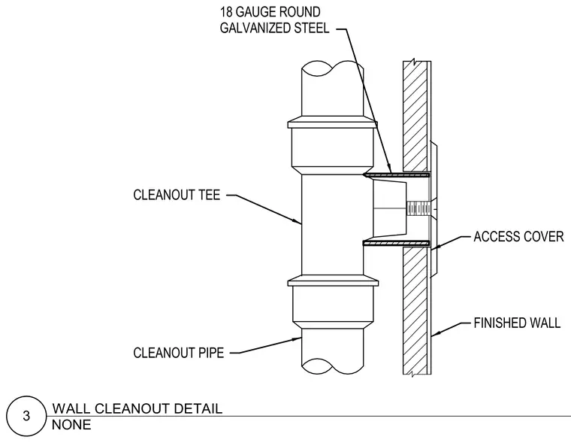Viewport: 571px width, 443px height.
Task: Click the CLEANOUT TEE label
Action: click(177, 195)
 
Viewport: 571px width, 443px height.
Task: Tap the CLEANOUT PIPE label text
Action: click(179, 353)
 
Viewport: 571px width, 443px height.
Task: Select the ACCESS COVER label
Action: click(518, 237)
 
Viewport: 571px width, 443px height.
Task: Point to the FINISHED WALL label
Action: click(517, 323)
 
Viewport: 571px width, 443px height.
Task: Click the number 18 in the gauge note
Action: click(226, 12)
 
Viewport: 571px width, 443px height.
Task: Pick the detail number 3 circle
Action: click(26, 416)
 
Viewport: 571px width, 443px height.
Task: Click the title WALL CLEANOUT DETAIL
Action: click(137, 408)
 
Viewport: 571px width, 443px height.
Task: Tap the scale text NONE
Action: click(71, 425)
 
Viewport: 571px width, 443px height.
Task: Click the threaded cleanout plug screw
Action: click(418, 209)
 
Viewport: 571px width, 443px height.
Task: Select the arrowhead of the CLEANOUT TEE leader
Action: click(298, 221)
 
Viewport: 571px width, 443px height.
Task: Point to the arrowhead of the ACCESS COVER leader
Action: click(435, 247)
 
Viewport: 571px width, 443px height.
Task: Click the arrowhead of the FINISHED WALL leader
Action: click(435, 333)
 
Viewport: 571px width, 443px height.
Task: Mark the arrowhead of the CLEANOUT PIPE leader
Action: click(297, 339)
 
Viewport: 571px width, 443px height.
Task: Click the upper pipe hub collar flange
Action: click(332, 123)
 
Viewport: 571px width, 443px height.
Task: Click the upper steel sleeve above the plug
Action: click(397, 175)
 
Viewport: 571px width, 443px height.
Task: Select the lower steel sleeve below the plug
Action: click(397, 243)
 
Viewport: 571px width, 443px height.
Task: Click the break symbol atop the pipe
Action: click(333, 68)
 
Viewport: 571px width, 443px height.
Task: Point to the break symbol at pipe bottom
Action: click(333, 366)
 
